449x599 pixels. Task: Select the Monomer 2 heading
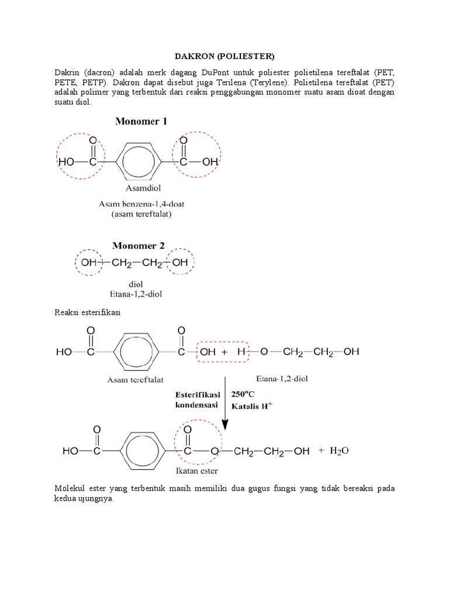(141, 246)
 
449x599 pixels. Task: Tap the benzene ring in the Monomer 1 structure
(139, 161)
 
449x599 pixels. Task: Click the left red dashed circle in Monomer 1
(81, 156)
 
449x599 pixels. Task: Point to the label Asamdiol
(143, 188)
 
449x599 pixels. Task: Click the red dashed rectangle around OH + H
(223, 352)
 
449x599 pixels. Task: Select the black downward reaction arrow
(225, 409)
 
